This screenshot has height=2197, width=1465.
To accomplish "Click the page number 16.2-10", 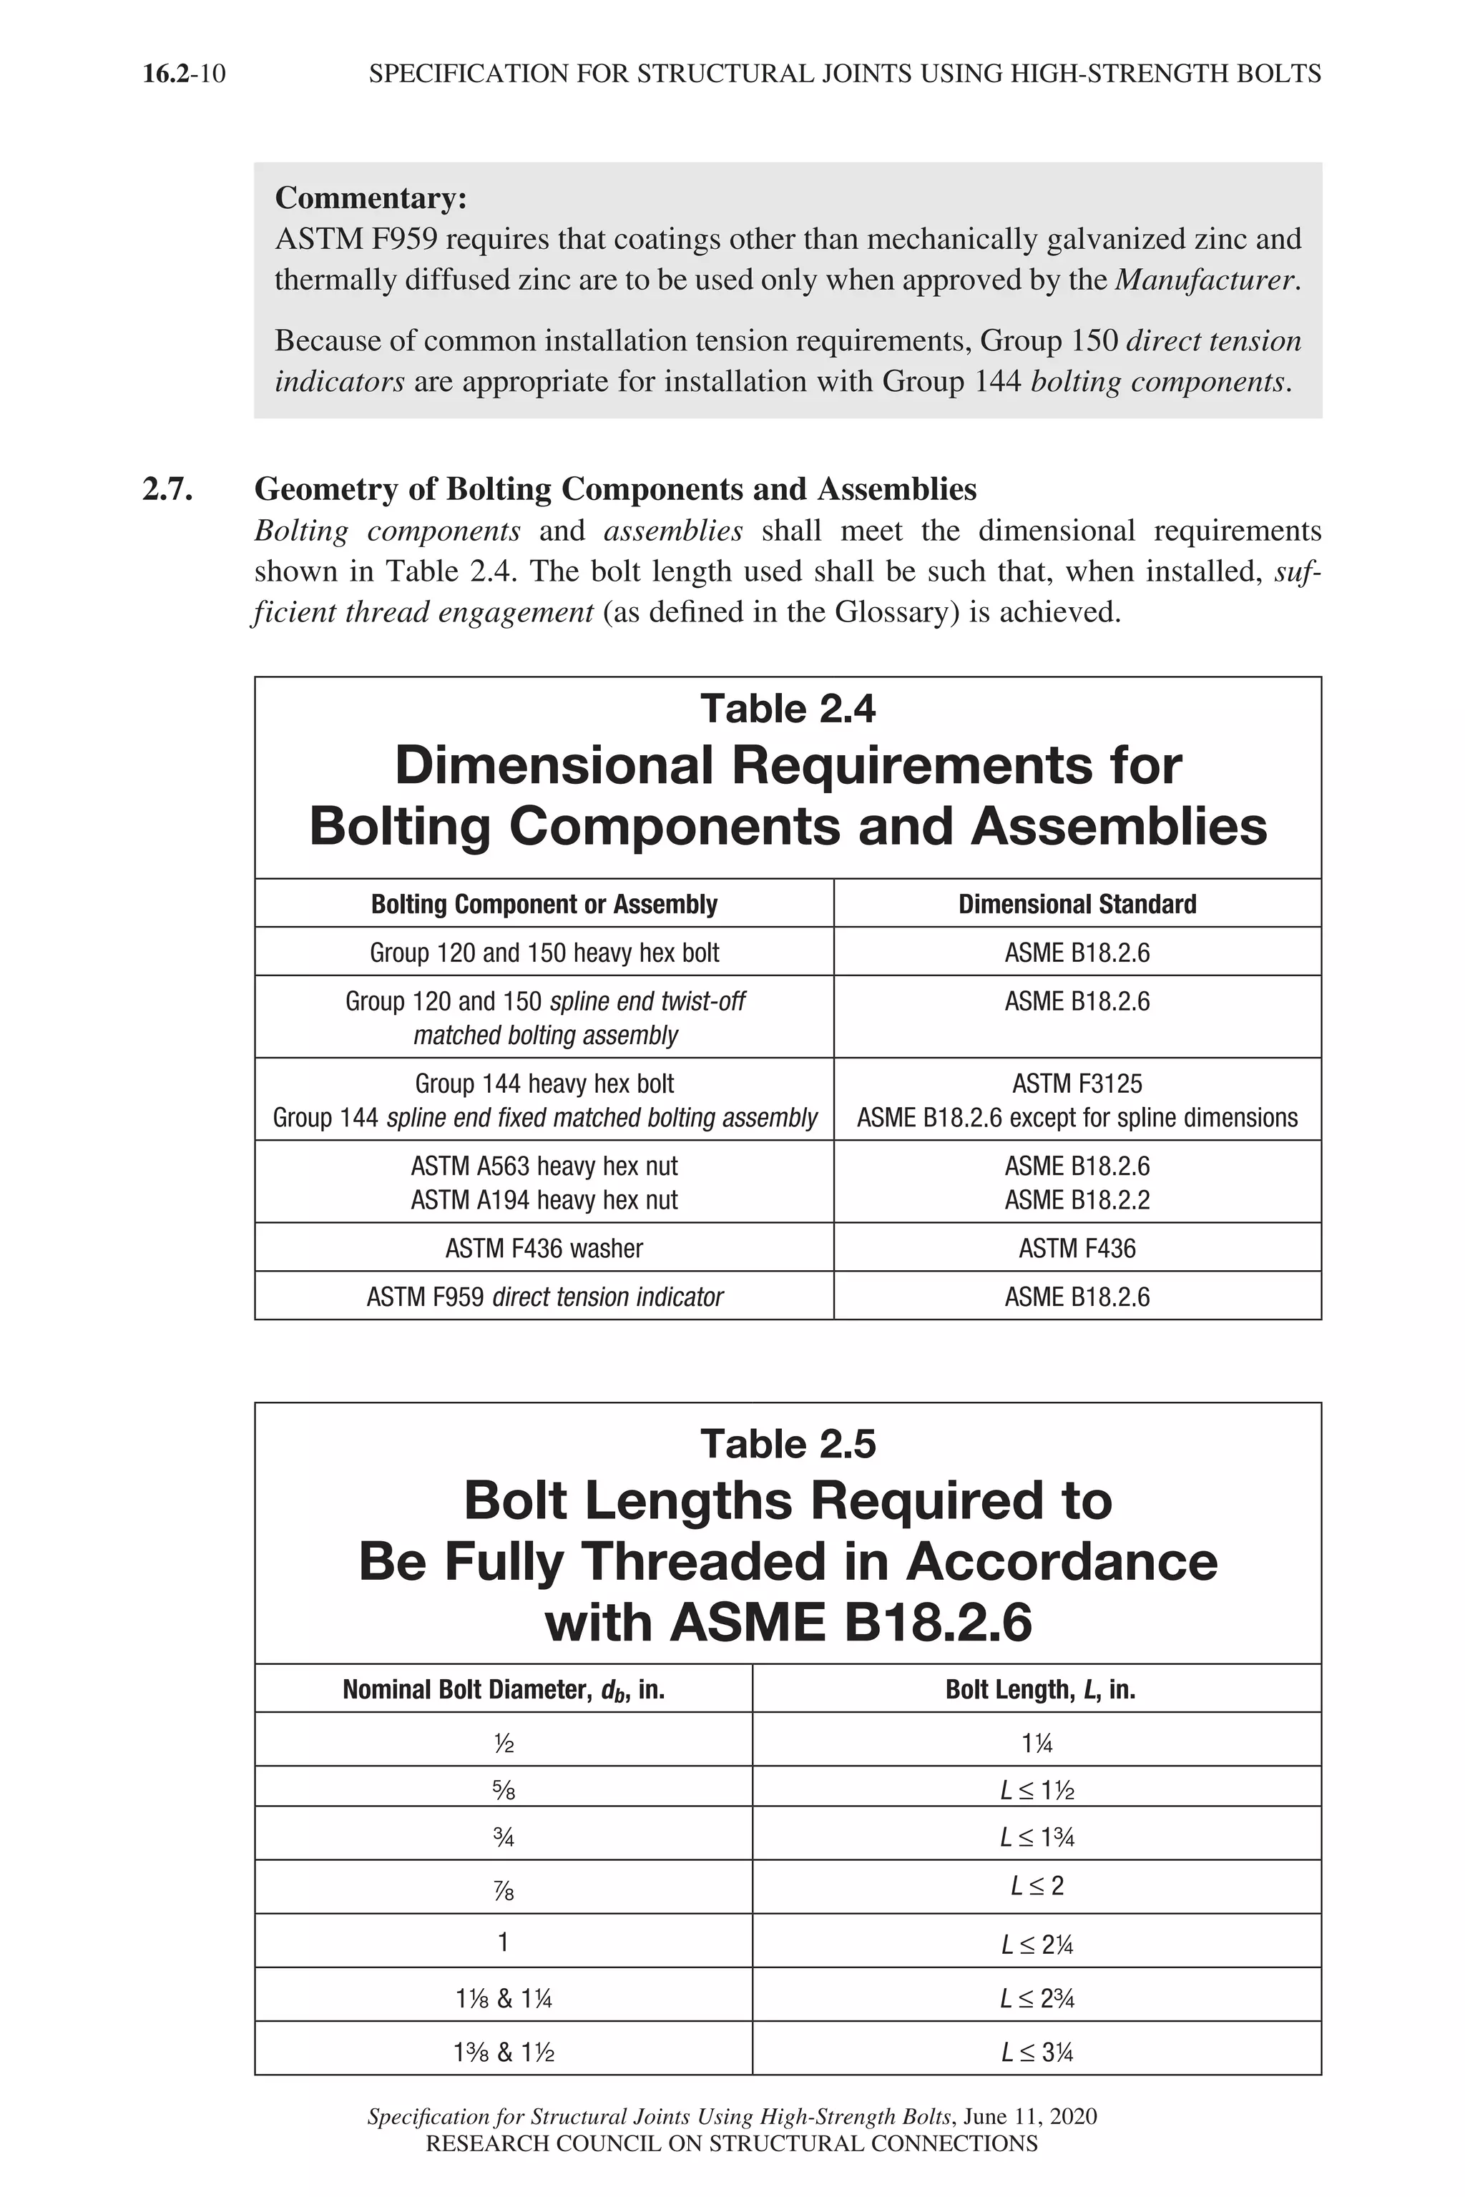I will (184, 74).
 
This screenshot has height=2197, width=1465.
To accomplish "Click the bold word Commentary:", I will (370, 198).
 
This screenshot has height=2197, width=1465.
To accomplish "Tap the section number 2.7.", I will (167, 489).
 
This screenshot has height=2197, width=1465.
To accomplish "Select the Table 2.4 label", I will (788, 709).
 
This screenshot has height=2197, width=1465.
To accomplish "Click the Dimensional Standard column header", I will (1077, 904).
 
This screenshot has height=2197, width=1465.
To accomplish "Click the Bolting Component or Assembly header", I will (544, 904).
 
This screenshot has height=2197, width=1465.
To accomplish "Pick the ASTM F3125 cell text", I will (1077, 1083).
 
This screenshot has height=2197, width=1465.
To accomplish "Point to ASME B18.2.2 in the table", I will (1077, 1199).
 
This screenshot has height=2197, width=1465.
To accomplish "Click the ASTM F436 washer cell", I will (544, 1248).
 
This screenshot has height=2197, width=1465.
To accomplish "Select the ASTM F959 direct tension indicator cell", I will (544, 1297).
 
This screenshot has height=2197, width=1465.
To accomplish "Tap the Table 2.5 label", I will (788, 1444).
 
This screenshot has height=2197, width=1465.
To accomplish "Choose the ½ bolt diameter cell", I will (503, 1743).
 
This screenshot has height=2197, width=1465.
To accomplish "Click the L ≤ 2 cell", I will (1037, 1886).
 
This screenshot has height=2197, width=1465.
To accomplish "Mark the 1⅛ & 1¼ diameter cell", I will (503, 1999).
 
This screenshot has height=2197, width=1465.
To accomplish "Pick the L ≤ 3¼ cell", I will (1037, 2053).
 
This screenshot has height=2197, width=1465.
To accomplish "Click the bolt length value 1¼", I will (1037, 1743).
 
